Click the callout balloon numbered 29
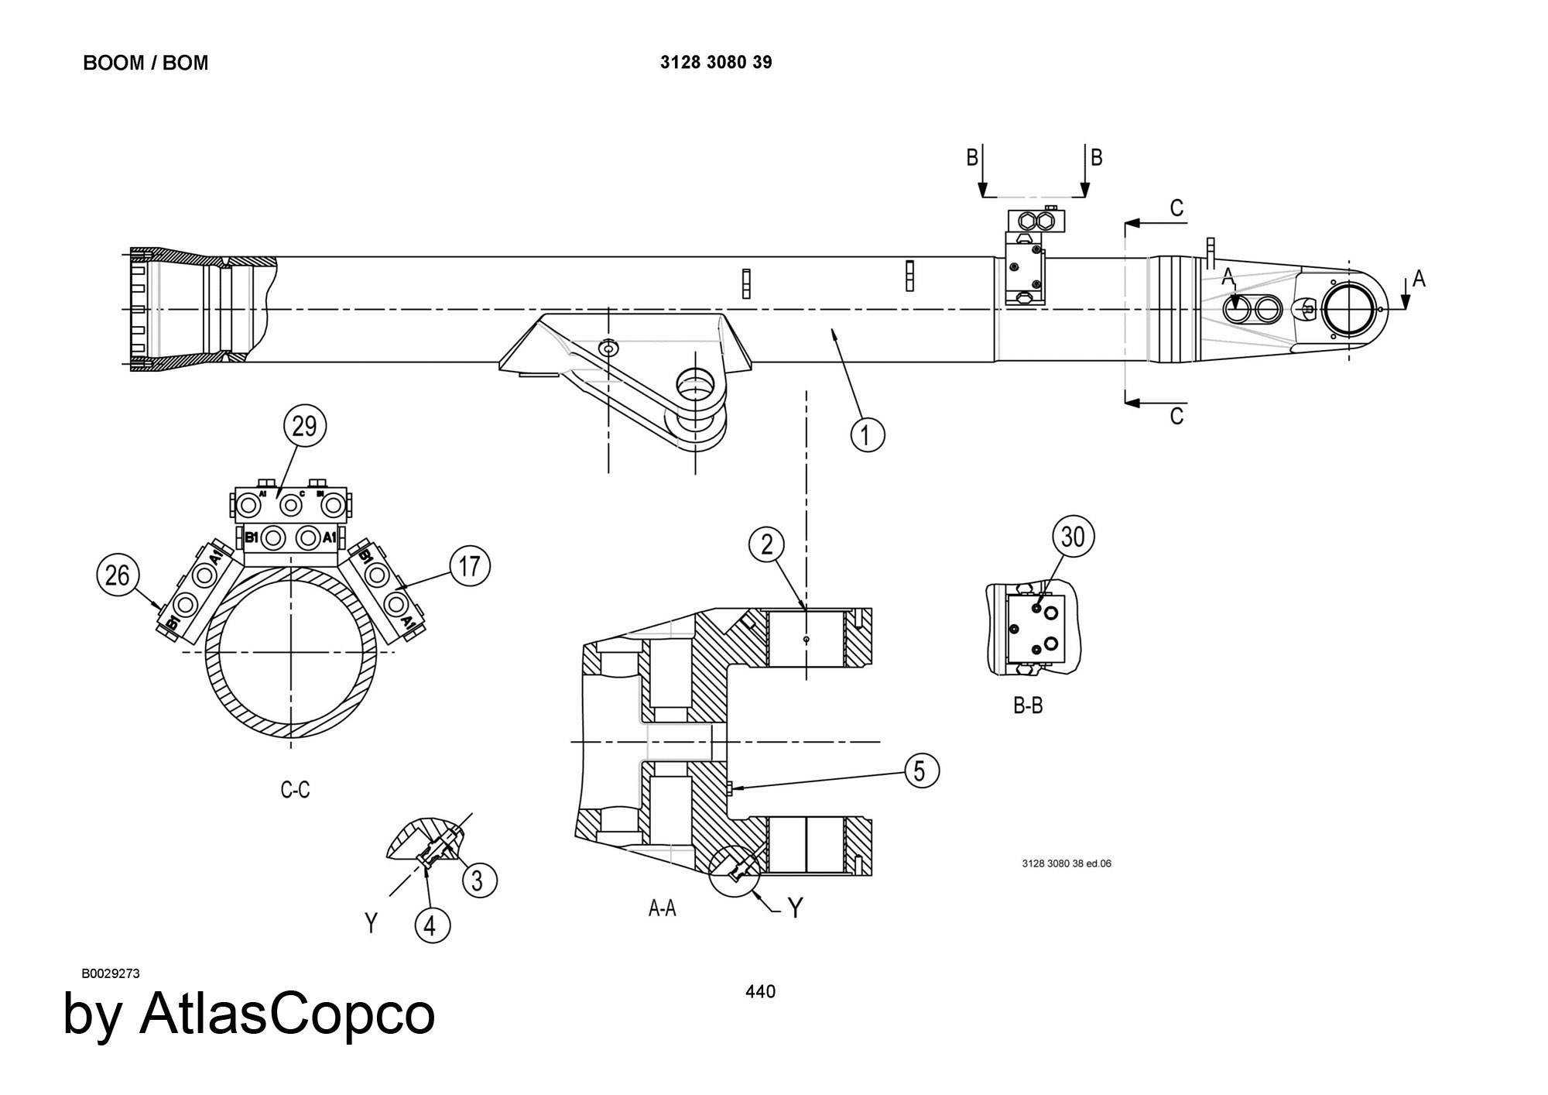pos(305,425)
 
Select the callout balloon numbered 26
pos(118,575)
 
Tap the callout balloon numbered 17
pos(470,566)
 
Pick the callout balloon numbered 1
pos(868,434)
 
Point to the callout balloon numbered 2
pos(766,545)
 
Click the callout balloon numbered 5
pos(920,771)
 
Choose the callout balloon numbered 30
pos(1074,536)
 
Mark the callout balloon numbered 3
pos(478,880)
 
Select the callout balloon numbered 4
pos(432,925)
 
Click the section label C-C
pos(295,790)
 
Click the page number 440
pos(760,991)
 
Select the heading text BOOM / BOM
pos(146,63)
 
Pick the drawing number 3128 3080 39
pos(716,63)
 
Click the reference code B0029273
pos(110,973)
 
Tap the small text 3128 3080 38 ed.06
pos(1067,863)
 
